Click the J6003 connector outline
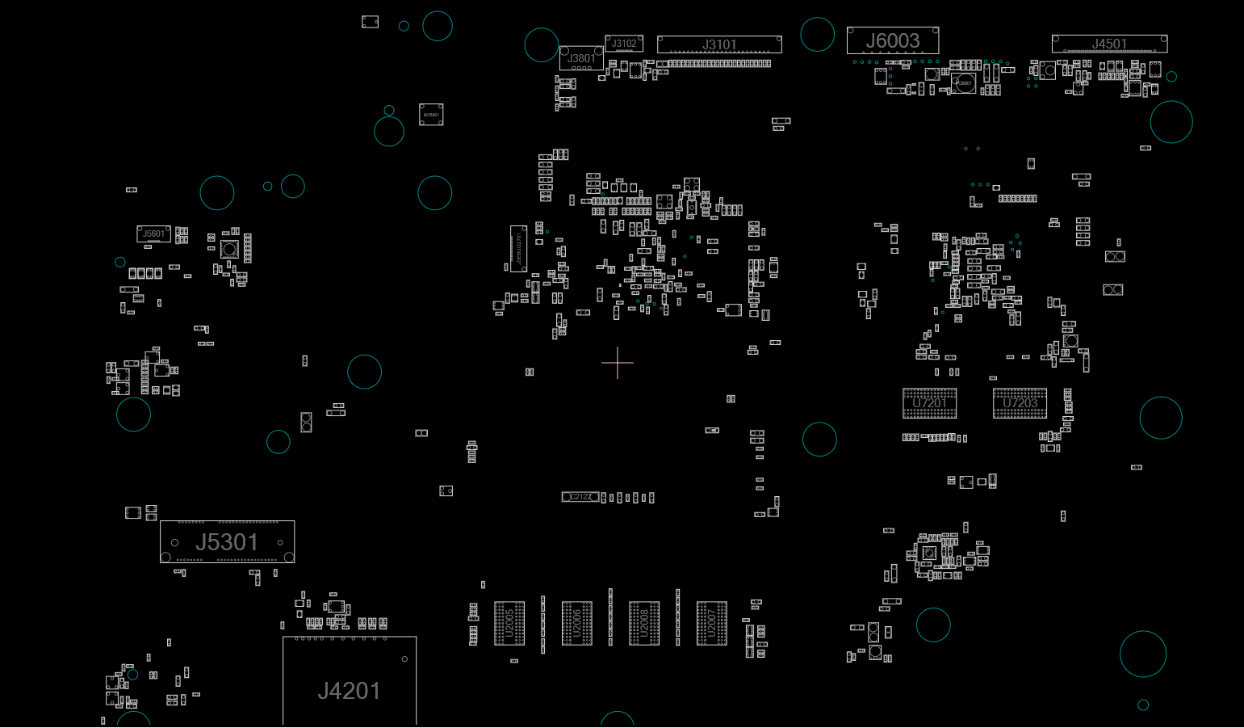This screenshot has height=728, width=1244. [892, 40]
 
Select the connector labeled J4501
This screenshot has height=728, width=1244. [1109, 44]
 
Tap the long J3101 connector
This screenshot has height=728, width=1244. [719, 44]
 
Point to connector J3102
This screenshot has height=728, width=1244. [624, 44]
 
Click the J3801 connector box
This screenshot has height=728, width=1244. [581, 58]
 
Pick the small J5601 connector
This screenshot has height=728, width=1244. [153, 234]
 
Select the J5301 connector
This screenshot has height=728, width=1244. [227, 541]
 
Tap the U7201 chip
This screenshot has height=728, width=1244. [929, 403]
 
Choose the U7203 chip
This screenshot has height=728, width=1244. [1020, 403]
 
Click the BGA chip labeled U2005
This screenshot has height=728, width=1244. [509, 623]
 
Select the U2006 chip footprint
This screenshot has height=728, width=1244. [577, 623]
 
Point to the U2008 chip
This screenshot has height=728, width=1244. [644, 623]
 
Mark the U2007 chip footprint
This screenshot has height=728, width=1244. [712, 623]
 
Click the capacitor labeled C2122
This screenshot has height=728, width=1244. [580, 497]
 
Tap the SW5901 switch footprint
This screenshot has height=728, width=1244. [431, 115]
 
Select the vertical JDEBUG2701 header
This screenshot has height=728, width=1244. [518, 248]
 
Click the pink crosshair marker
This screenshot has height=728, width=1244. [618, 363]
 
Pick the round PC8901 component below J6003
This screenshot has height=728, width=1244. [963, 82]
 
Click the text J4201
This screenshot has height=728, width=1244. [349, 691]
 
